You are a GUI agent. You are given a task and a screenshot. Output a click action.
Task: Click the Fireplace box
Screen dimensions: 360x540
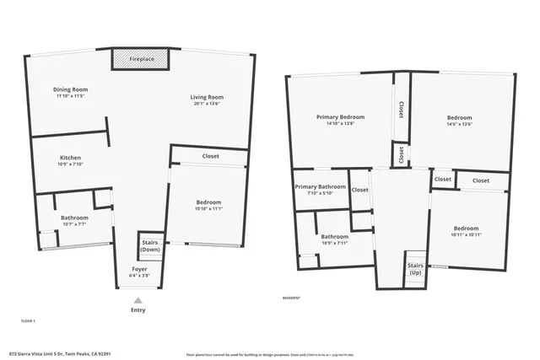coord(141,60)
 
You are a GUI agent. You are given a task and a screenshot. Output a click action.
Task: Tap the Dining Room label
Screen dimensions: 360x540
coord(72,89)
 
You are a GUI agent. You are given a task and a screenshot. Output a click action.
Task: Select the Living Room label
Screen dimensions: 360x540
coord(206,98)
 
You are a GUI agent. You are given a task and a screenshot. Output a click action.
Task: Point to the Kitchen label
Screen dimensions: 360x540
coord(70,158)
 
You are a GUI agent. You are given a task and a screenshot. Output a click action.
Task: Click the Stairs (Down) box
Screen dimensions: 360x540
coord(150,246)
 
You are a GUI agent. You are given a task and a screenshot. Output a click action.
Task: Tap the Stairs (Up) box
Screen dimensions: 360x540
coord(415,269)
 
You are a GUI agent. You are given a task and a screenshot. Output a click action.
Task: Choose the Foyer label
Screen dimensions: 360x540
coord(139,269)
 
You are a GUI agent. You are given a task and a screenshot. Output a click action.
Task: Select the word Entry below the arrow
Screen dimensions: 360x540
coord(138,310)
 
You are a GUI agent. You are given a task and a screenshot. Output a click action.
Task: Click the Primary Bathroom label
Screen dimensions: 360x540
coord(321,186)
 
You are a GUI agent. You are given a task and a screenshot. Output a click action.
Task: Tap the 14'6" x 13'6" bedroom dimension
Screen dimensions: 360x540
coord(459,124)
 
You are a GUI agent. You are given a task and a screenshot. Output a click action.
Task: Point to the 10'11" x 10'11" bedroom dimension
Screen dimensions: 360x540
coord(466,234)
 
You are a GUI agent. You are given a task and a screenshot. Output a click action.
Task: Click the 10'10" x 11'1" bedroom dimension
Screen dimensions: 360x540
coord(208,208)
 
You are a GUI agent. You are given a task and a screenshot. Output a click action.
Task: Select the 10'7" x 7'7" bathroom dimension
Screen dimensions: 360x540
coord(74,224)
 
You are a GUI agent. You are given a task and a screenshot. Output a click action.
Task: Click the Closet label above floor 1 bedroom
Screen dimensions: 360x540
coord(211,157)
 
